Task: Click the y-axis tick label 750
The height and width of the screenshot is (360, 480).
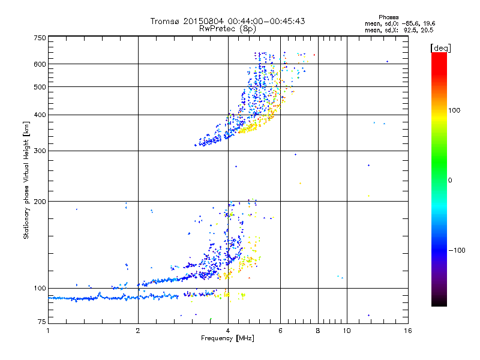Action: pyautogui.click(x=40, y=37)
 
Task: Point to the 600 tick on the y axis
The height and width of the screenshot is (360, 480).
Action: pyautogui.click(x=40, y=64)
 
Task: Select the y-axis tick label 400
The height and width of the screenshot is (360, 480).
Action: pyautogui.click(x=40, y=115)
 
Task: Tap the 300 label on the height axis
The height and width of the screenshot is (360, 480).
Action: pyautogui.click(x=40, y=151)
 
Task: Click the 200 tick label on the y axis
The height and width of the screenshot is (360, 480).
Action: pyautogui.click(x=40, y=201)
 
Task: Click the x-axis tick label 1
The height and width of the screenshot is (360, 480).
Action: pyautogui.click(x=48, y=331)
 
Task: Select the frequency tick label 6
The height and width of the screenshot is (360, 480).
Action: pyautogui.click(x=280, y=331)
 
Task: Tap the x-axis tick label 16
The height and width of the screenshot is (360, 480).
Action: pyautogui.click(x=407, y=331)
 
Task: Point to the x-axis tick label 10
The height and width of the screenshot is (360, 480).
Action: pyautogui.click(x=346, y=331)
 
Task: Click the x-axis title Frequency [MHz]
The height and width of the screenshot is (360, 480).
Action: pyautogui.click(x=227, y=339)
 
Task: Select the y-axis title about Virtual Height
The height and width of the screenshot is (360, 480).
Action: pyautogui.click(x=26, y=181)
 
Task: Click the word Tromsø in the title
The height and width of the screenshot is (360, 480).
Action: pyautogui.click(x=166, y=21)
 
